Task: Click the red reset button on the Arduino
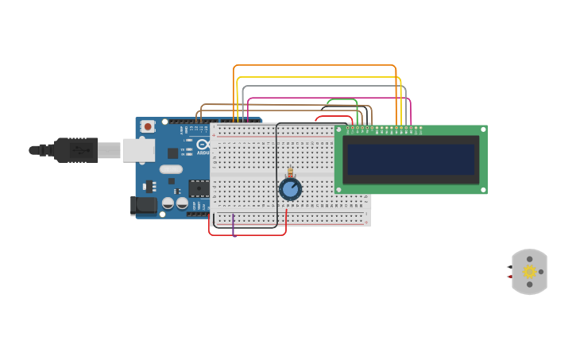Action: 148,126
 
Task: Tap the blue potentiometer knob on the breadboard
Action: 290,189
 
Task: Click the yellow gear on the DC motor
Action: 530,272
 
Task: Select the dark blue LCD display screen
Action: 411,159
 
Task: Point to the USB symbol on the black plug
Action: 79,149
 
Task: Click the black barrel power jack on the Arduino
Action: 144,205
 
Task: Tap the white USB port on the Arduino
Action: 138,150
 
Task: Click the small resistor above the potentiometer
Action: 290,172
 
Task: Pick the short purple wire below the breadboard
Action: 233,225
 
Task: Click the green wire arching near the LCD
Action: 342,99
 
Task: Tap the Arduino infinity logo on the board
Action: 202,145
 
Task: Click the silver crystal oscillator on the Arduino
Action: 171,168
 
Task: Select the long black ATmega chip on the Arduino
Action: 199,188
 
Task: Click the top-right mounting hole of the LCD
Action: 482,129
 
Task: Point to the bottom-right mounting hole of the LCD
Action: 482,190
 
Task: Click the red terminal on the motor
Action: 508,277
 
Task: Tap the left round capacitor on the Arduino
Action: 168,203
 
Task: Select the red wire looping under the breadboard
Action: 247,234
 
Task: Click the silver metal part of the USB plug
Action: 109,150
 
